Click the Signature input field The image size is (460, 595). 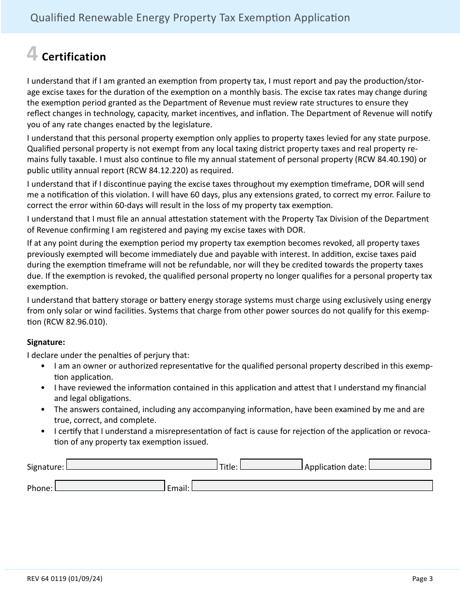(x=141, y=464)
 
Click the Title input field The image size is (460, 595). (x=271, y=464)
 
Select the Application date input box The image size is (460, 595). (x=400, y=464)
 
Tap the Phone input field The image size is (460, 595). (x=110, y=485)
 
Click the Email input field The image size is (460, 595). (x=312, y=485)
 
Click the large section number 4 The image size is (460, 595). (x=32, y=55)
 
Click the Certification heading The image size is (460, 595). (x=74, y=57)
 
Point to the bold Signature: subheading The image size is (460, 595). (x=46, y=342)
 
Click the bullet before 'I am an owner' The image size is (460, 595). (x=44, y=366)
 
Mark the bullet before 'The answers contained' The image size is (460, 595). (x=44, y=410)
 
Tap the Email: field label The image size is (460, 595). (x=178, y=489)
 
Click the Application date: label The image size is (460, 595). (x=335, y=467)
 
